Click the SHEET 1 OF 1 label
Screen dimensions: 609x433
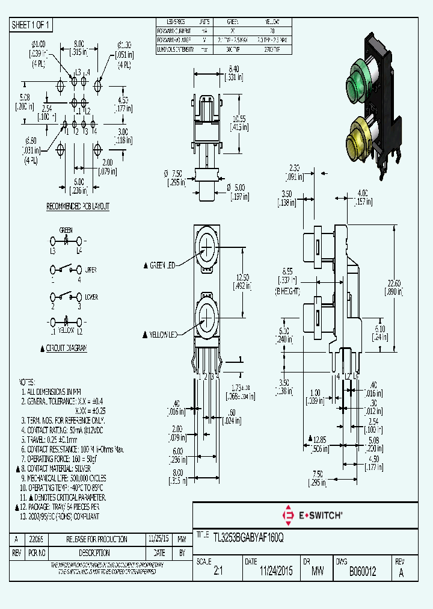pyautogui.click(x=31, y=25)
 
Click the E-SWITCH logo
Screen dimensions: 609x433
pyautogui.click(x=312, y=515)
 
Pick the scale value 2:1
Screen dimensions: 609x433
pyautogui.click(x=218, y=572)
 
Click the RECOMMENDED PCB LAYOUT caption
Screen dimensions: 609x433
pyautogui.click(x=78, y=206)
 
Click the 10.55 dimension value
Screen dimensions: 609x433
pyautogui.click(x=239, y=118)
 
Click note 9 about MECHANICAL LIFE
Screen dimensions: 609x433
pyautogui.click(x=64, y=477)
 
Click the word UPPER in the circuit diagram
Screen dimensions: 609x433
pyautogui.click(x=91, y=270)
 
